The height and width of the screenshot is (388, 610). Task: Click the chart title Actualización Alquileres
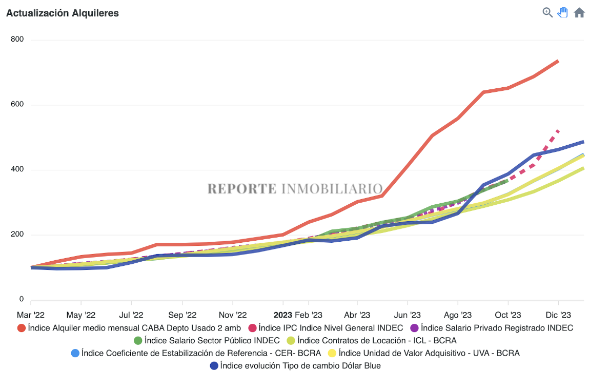point(63,13)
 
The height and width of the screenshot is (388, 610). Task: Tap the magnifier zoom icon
point(547,12)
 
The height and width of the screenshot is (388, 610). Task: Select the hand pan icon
point(563,12)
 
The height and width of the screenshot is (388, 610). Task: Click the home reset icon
point(579,13)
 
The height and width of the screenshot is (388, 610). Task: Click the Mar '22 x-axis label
point(31,315)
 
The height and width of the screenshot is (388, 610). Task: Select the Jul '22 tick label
point(131,315)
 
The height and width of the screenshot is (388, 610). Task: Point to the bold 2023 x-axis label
point(283,315)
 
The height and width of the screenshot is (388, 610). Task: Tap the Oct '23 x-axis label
point(507,315)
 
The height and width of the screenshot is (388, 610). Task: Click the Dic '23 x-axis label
point(558,315)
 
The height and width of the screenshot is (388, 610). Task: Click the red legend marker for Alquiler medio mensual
point(22,328)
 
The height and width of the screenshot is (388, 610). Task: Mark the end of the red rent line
point(558,61)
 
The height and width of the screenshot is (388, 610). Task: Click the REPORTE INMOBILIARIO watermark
point(295,189)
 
